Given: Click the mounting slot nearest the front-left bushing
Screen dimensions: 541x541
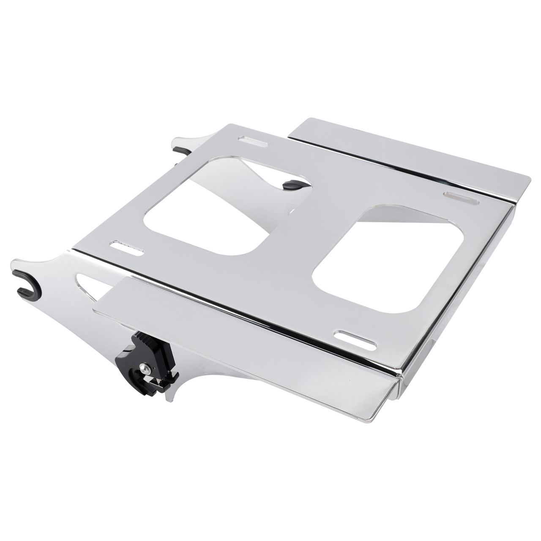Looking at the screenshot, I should (126, 247).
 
